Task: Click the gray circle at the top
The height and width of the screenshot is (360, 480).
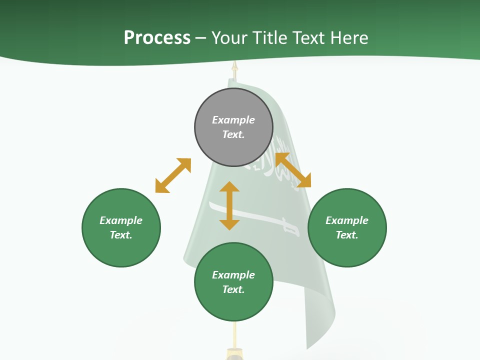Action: click(x=233, y=127)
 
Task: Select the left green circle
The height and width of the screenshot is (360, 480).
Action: click(x=121, y=227)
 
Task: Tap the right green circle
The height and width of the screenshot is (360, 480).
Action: click(x=347, y=227)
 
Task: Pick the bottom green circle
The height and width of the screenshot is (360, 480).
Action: click(x=233, y=282)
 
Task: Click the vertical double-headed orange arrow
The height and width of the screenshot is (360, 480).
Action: click(x=229, y=205)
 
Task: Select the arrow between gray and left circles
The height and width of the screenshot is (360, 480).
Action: click(x=173, y=175)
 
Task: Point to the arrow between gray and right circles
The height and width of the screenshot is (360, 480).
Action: click(x=293, y=170)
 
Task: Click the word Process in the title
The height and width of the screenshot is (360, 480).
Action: click(x=157, y=37)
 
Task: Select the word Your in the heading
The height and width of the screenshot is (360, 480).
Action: click(x=229, y=38)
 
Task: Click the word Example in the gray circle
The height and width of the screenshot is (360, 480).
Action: click(x=233, y=120)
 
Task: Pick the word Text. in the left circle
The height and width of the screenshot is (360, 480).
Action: click(x=121, y=235)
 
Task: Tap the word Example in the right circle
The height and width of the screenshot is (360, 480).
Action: click(x=347, y=220)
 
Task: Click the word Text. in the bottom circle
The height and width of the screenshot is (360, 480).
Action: click(x=233, y=289)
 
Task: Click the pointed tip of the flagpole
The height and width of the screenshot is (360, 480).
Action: click(x=234, y=64)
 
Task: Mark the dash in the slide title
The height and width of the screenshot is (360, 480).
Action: click(x=200, y=38)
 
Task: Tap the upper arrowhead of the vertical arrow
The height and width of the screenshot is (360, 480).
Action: click(x=229, y=186)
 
